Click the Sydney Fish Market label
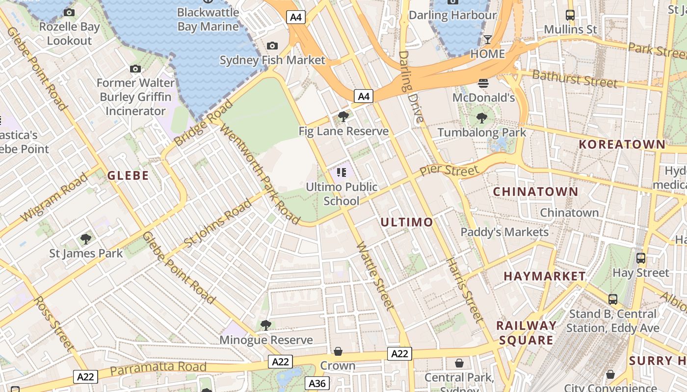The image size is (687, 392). point(272,60)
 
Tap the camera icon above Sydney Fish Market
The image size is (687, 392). point(272,46)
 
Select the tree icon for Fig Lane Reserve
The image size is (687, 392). point(343,117)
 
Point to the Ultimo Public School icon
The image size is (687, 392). point(342,172)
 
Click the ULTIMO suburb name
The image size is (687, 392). point(407,222)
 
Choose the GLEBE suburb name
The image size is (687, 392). point(128,175)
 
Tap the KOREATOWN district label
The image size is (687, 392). point(622,145)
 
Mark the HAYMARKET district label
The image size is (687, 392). point(545,276)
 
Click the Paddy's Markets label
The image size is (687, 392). point(504,232)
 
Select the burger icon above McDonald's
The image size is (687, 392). point(483,83)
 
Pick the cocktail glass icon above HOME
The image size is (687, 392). point(487,40)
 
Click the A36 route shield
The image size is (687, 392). point(317,383)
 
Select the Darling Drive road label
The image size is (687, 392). point(411,87)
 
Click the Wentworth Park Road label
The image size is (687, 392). point(260,174)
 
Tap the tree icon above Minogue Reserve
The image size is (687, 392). point(265,325)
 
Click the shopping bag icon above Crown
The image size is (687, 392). point(338,351)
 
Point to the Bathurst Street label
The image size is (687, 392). point(574,78)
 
